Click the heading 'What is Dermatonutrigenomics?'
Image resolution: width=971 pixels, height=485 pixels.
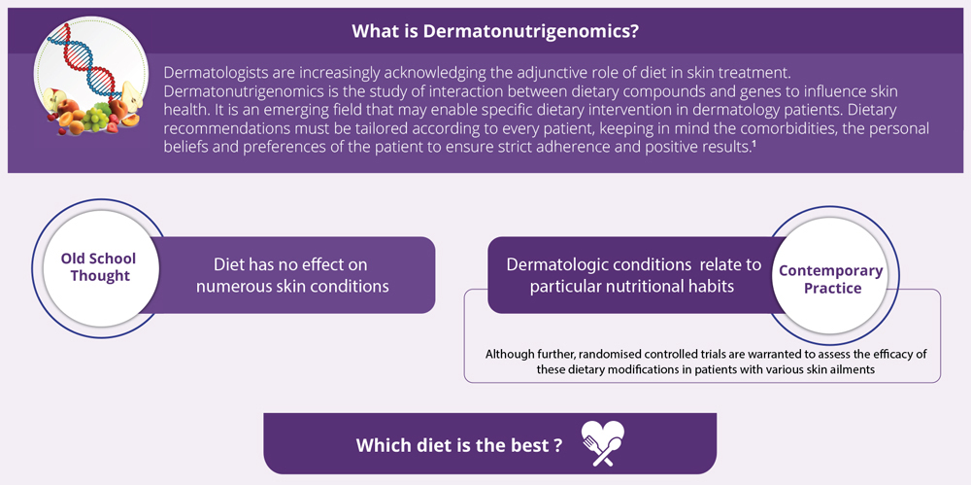click(x=495, y=32)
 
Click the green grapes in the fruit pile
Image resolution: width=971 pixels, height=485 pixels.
click(x=96, y=118)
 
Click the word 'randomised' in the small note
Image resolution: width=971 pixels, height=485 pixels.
click(x=573, y=355)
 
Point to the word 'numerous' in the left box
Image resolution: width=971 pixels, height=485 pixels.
click(x=247, y=286)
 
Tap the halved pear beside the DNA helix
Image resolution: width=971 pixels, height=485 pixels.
click(x=132, y=95)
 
